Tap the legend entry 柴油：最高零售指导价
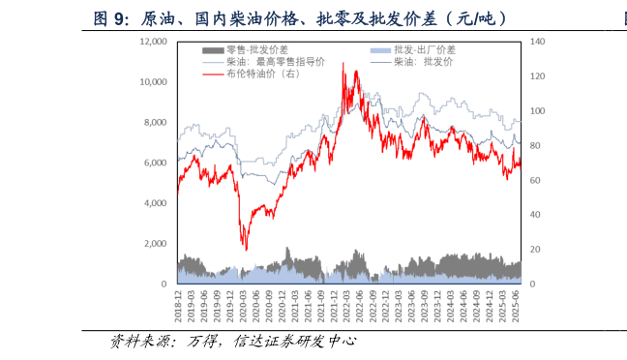coord(275,61)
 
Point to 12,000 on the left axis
coord(153,42)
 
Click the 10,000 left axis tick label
coord(153,82)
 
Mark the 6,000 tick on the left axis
coord(155,164)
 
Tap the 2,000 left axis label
coord(155,244)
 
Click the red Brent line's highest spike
coord(343,64)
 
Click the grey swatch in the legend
coord(213,49)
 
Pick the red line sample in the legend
coord(213,74)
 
